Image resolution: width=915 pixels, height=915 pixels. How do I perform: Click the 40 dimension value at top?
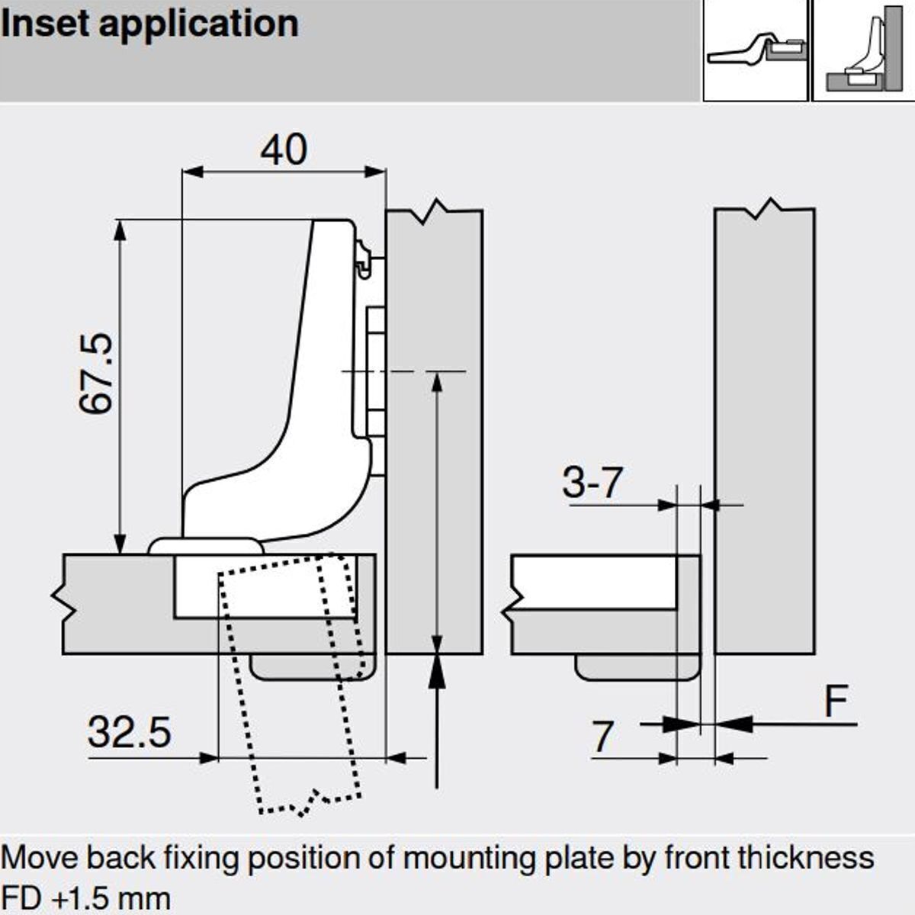[x=284, y=149]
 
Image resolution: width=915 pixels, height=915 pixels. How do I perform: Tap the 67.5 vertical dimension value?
[x=97, y=373]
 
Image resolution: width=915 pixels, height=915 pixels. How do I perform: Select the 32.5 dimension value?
[x=129, y=732]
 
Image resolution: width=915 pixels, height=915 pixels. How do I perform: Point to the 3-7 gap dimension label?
[x=592, y=483]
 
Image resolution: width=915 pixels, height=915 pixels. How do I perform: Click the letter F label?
[x=836, y=700]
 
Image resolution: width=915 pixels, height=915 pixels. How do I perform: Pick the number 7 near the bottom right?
[x=602, y=737]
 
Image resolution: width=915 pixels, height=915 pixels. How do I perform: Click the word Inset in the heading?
[x=46, y=24]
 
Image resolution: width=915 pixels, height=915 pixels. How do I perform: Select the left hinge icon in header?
[x=754, y=50]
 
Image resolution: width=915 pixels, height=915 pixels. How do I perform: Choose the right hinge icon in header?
[x=863, y=50]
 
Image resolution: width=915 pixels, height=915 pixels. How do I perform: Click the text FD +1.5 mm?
[x=85, y=897]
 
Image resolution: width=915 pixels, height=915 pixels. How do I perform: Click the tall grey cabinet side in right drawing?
[x=764, y=427]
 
